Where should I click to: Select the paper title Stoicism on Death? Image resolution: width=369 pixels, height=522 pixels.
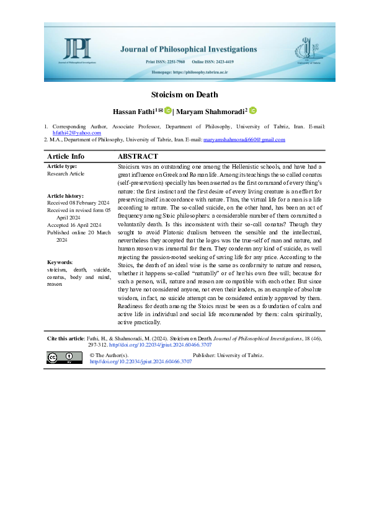(184, 95)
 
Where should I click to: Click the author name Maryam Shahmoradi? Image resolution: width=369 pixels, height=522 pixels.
(212, 111)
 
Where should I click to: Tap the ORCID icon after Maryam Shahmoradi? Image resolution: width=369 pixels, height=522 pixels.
(252, 110)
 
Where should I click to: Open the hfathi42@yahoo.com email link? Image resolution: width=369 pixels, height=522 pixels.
(76, 133)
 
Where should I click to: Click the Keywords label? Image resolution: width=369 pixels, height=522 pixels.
(60, 280)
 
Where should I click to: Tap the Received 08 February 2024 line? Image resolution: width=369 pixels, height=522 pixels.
(78, 203)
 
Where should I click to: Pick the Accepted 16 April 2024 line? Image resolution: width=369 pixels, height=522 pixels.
(74, 225)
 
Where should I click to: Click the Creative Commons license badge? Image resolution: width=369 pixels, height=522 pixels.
(64, 357)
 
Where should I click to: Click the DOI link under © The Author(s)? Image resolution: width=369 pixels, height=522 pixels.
(141, 361)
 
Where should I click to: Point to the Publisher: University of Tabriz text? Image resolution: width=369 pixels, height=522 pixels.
(228, 355)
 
